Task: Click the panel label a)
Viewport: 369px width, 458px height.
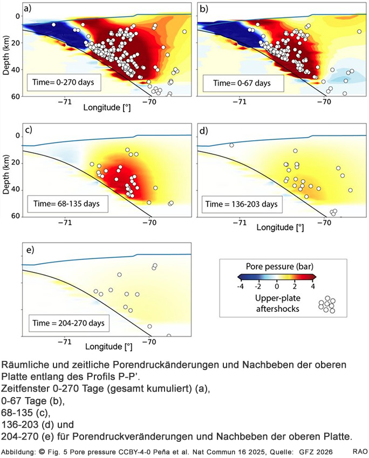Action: coord(28,9)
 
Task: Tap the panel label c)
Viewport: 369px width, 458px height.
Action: coord(28,129)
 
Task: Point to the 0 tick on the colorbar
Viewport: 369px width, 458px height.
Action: coord(276,286)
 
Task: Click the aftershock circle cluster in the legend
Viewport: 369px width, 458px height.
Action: coord(326,304)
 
